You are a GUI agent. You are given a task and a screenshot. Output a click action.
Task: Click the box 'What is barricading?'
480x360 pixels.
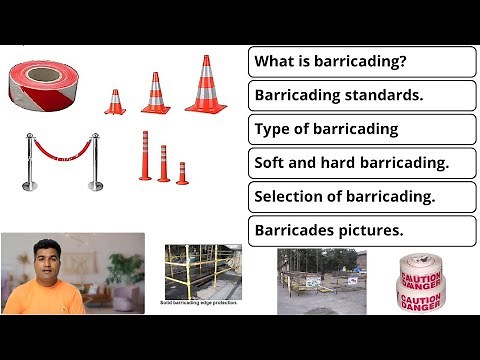361,62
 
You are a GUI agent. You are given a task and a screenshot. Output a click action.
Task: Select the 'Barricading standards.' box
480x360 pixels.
361,96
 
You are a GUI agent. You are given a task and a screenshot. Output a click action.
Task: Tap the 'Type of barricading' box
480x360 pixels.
361,129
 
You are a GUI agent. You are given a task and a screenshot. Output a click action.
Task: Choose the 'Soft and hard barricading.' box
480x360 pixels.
361,163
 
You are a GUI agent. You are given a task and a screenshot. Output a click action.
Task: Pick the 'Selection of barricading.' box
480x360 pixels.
361,196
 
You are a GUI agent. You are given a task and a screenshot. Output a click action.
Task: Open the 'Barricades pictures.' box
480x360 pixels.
361,229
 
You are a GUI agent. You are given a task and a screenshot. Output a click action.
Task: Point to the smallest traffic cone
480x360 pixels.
114,102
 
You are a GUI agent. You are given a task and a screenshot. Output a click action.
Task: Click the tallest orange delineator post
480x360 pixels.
145,156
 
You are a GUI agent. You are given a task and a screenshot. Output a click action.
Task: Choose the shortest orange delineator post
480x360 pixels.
182,172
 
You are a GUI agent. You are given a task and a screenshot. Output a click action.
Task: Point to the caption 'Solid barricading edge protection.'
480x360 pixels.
199,302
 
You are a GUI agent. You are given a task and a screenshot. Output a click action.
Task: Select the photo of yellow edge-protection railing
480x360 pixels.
203,270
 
